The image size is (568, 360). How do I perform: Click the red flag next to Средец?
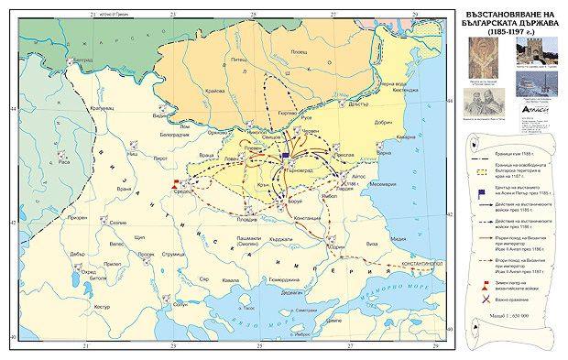coord(174,184)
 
